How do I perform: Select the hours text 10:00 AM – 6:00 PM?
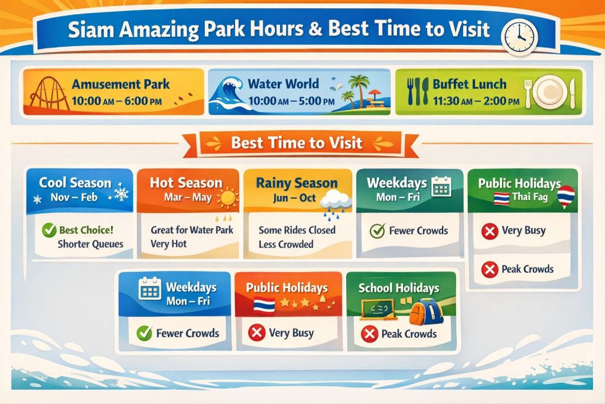tap(116, 101)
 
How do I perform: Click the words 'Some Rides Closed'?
tap(297, 230)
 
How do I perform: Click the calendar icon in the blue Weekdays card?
tap(149, 289)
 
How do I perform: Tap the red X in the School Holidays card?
tap(369, 334)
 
